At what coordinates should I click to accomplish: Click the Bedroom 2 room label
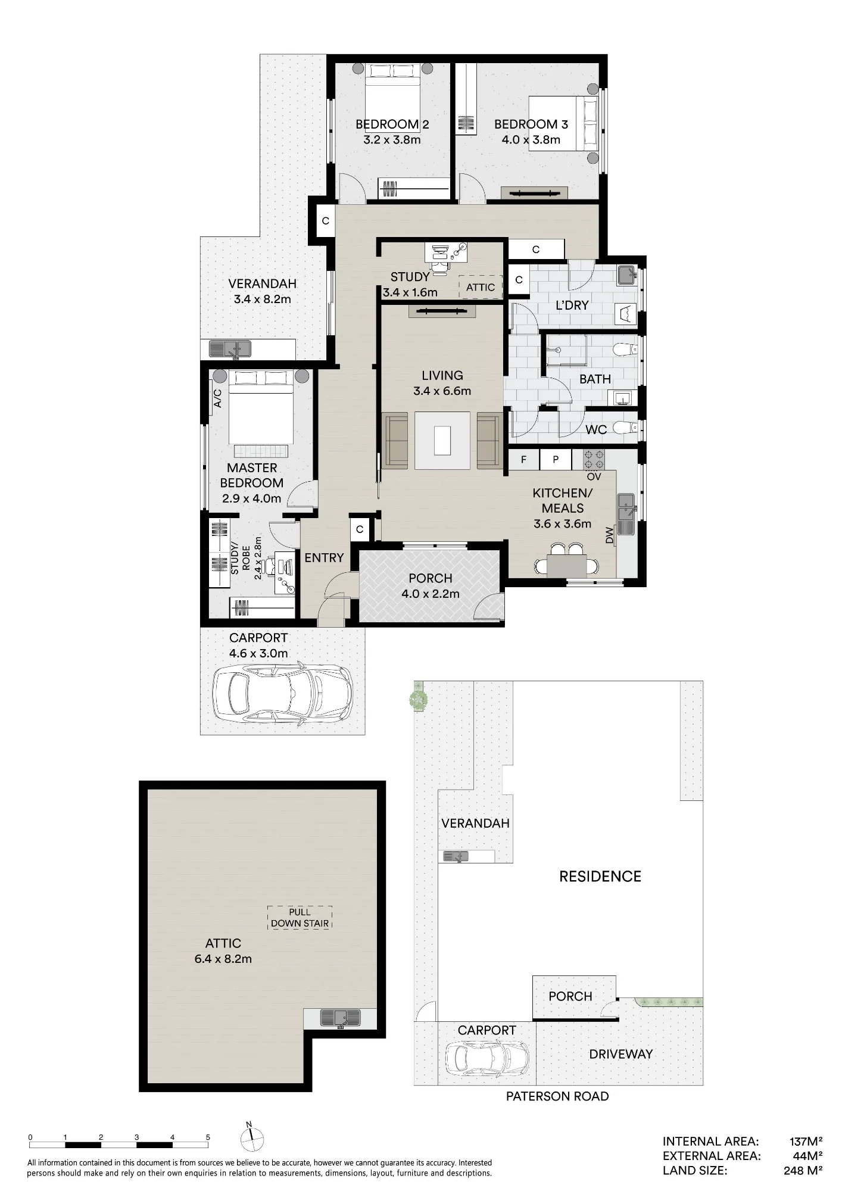click(x=392, y=124)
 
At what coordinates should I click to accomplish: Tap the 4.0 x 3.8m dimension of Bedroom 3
click(x=530, y=140)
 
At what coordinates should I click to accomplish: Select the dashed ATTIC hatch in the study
click(x=481, y=287)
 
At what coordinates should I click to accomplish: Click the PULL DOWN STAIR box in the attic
click(x=300, y=918)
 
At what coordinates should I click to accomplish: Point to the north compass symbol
click(x=252, y=1138)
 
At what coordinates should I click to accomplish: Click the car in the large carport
click(x=283, y=696)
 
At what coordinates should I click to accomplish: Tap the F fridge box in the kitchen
click(x=524, y=460)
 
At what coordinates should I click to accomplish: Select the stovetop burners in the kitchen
click(x=594, y=460)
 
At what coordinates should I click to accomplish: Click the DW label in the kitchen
click(x=609, y=535)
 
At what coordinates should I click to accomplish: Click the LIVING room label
click(x=442, y=376)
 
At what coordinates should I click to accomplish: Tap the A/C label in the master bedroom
click(x=218, y=398)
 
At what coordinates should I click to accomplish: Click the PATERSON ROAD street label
click(x=557, y=1096)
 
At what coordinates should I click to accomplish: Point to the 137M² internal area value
click(x=806, y=1142)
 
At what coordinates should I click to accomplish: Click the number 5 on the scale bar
click(x=208, y=1137)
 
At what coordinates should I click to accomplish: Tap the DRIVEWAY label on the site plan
click(x=620, y=1054)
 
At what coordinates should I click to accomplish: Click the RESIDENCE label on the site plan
click(x=600, y=877)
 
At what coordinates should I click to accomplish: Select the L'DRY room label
click(x=572, y=305)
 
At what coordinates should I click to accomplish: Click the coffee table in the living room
click(x=442, y=441)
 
